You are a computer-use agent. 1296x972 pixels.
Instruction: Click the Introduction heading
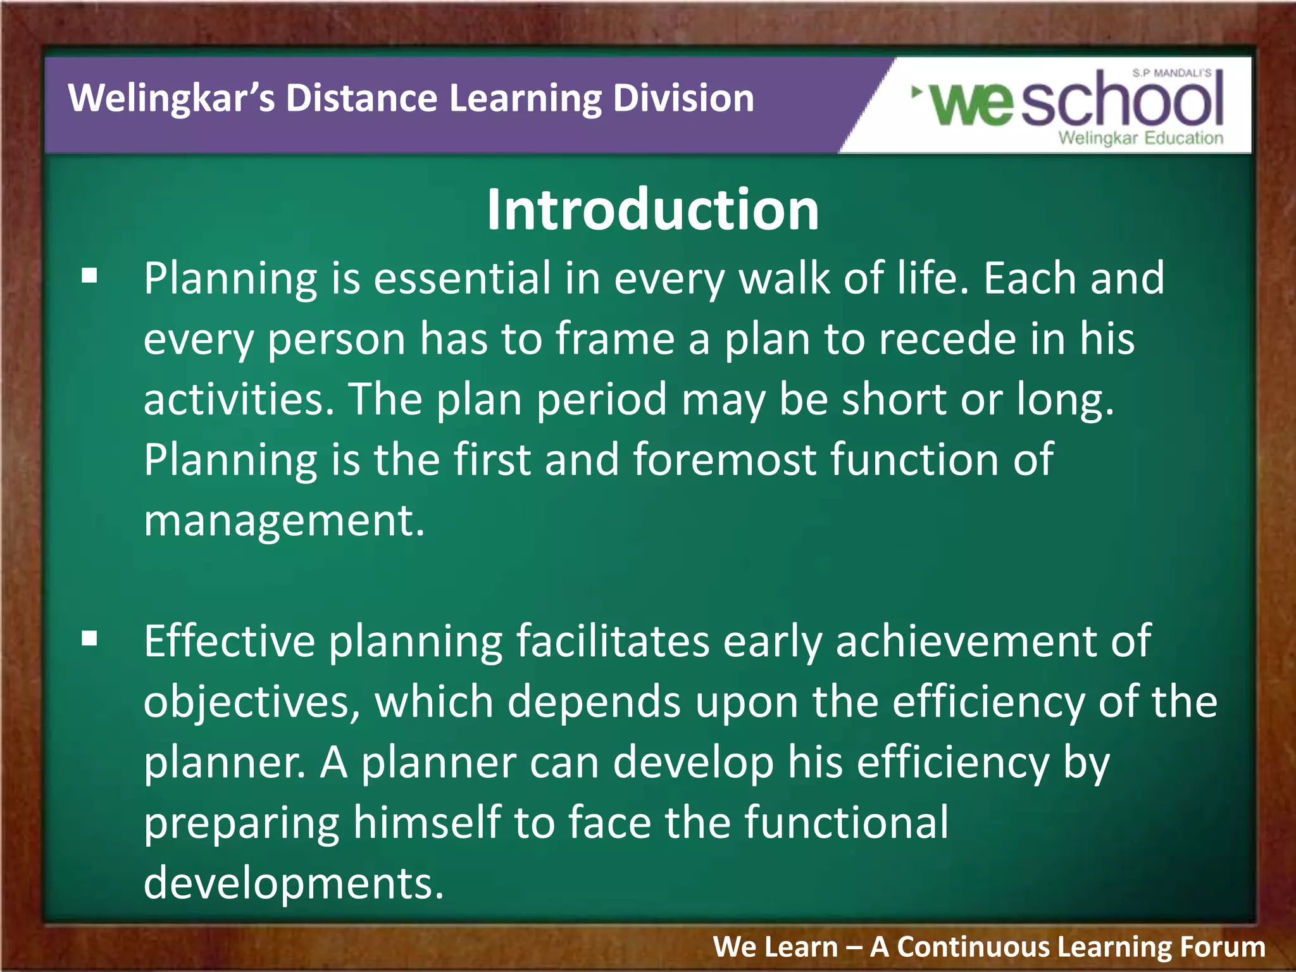pyautogui.click(x=652, y=210)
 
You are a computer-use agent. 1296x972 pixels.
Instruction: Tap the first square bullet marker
pyautogui.click(x=90, y=276)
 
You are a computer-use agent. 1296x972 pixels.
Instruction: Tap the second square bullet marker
pyautogui.click(x=90, y=639)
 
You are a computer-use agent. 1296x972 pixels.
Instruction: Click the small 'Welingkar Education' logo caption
pyautogui.click(x=1140, y=138)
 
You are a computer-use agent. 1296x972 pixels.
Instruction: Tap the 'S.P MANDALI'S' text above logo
pyautogui.click(x=1171, y=73)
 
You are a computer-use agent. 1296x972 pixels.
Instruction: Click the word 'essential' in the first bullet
pyautogui.click(x=463, y=278)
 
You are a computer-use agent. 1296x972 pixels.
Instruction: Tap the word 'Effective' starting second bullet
pyautogui.click(x=229, y=642)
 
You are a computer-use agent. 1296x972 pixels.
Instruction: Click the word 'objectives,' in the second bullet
pyautogui.click(x=252, y=702)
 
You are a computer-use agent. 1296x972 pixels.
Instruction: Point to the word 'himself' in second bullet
pyautogui.click(x=426, y=823)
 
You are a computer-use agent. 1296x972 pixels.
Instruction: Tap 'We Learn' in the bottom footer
pyautogui.click(x=775, y=947)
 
